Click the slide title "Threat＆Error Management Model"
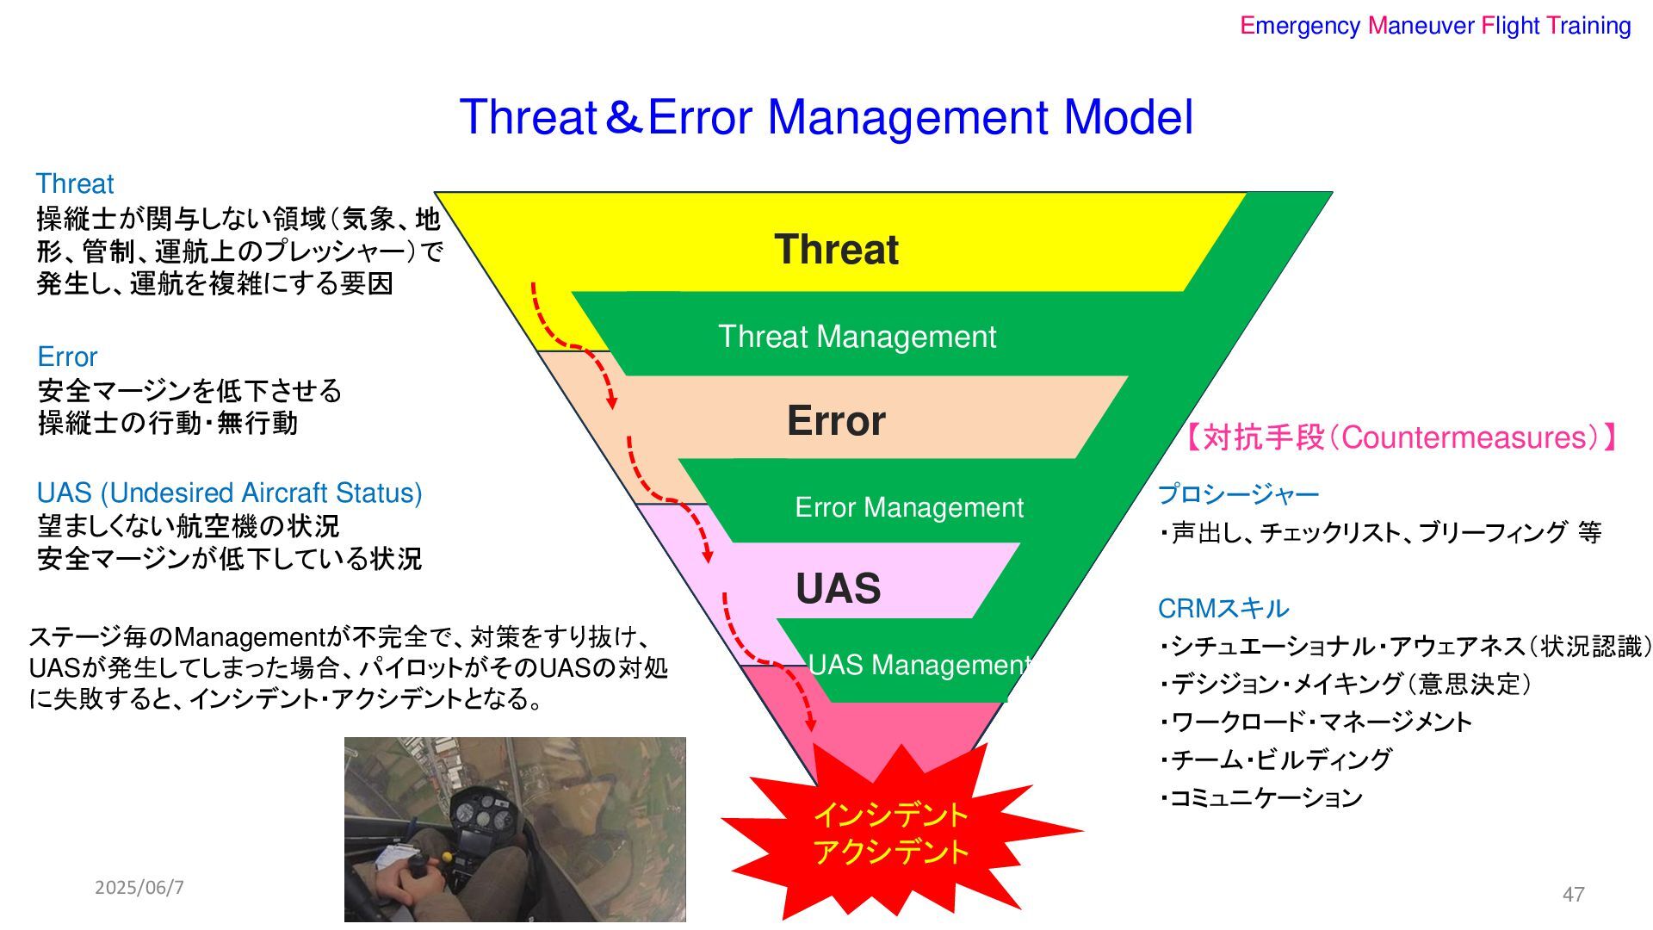(826, 117)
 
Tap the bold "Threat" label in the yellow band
(836, 250)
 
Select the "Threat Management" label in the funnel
(857, 337)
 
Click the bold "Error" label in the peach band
(836, 421)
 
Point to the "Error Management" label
(909, 507)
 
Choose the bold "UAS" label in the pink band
(838, 589)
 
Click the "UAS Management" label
(919, 665)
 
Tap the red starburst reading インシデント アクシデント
(891, 833)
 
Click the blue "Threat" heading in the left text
(75, 183)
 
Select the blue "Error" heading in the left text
(67, 356)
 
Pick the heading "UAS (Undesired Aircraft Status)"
(229, 493)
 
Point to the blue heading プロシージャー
(1238, 494)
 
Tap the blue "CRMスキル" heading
(1223, 609)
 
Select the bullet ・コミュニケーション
(1261, 797)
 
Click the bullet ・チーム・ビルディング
(1275, 759)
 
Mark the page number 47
(1573, 895)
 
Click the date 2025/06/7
(139, 888)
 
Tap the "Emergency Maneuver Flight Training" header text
(1435, 26)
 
